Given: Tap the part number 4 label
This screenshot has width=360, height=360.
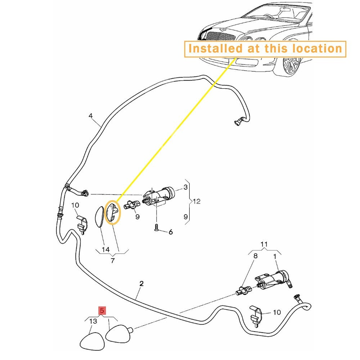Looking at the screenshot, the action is click(91, 116).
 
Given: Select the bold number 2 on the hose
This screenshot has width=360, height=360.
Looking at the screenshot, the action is click(141, 284).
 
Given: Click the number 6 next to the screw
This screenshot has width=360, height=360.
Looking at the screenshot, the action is click(171, 232).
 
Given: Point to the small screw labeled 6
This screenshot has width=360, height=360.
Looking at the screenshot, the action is click(156, 228).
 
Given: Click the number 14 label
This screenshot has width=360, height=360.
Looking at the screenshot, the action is click(105, 249).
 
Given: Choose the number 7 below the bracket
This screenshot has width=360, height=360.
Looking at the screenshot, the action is click(112, 261).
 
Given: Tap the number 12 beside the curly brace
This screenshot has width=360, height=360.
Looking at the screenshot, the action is click(197, 201).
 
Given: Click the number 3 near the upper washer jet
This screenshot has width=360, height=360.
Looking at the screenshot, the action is click(185, 187).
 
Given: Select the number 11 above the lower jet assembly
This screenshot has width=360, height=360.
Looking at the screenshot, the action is click(264, 244).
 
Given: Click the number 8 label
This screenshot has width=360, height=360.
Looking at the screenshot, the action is click(255, 256).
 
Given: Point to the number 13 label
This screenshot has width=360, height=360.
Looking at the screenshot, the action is click(93, 321).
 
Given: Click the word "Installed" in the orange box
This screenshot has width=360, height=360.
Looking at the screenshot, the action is click(215, 49).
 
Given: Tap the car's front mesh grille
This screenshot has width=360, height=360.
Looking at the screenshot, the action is click(220, 36).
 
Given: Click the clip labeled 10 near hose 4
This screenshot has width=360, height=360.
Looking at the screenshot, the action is click(82, 225).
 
